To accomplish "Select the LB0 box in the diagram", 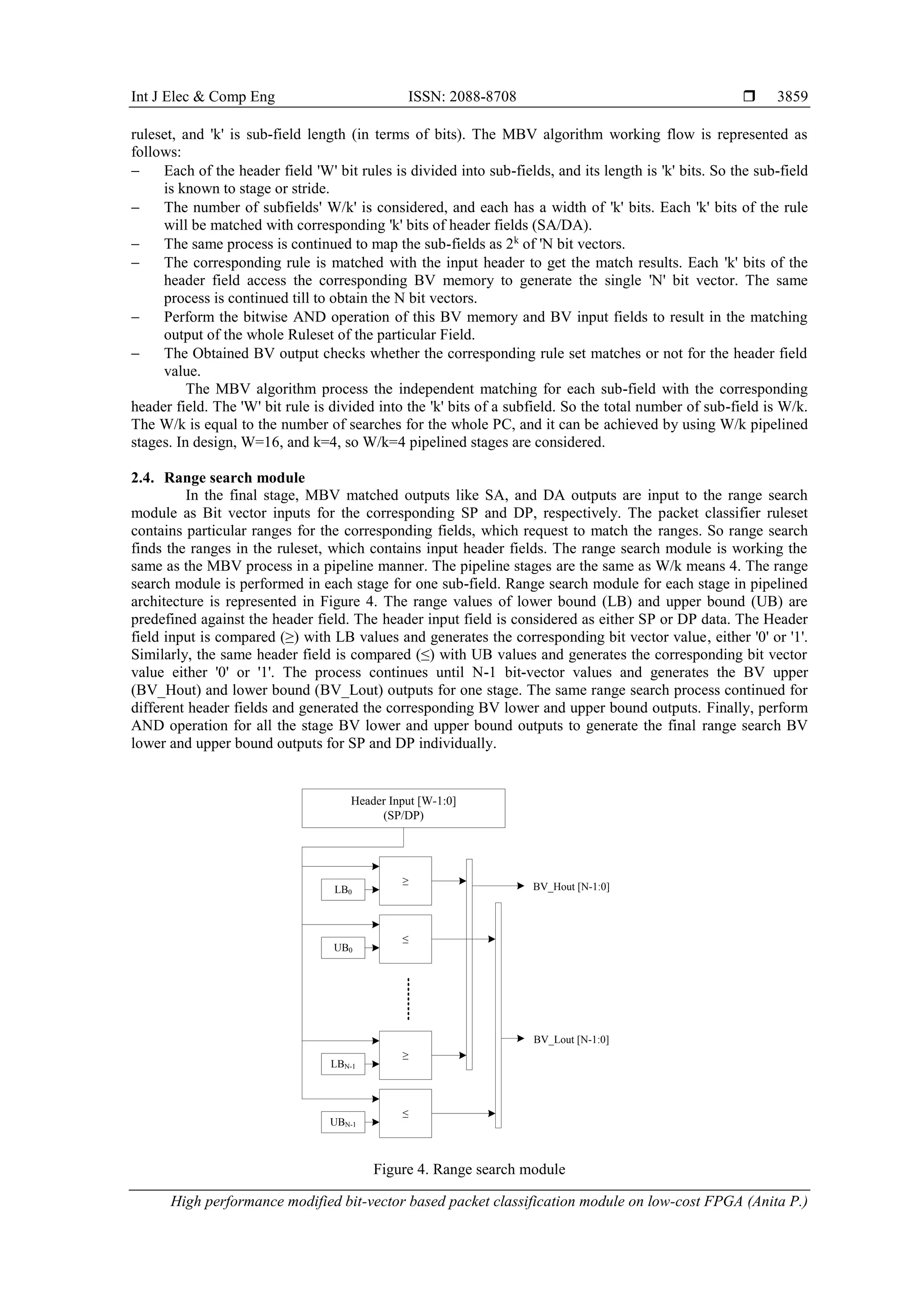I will pos(343,890).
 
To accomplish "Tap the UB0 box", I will pos(343,948).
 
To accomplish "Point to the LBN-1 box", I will pos(343,1064).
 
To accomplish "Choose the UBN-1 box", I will pos(343,1122).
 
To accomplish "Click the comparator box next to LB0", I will pos(405,881).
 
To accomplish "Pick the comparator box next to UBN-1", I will pos(405,1113).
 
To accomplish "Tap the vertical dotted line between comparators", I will pos(408,999).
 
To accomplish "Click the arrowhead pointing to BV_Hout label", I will pos(522,886).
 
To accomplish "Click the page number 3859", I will pos(792,97).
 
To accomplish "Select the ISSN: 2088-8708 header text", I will pos(462,97).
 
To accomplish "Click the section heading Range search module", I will pos(235,478).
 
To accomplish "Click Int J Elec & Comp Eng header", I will pos(203,97).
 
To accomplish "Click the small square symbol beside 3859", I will pos(749,97).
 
